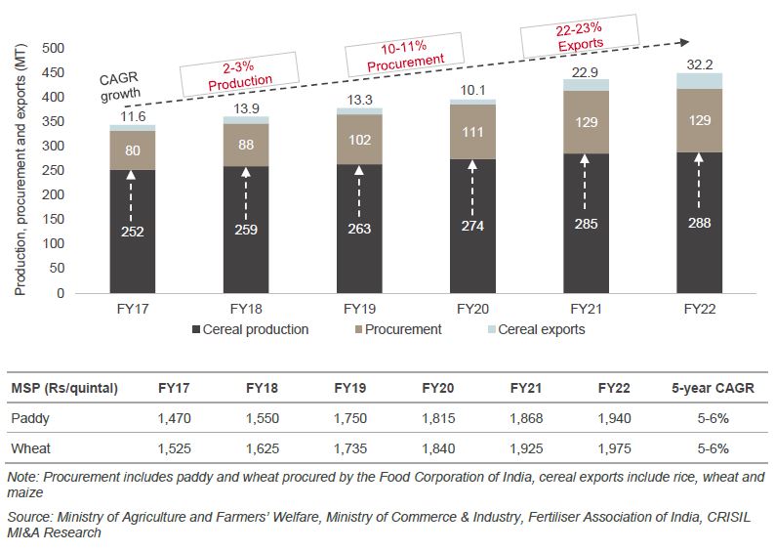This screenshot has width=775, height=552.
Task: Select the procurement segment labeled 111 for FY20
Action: coord(471,131)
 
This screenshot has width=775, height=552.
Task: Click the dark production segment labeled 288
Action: coord(698,222)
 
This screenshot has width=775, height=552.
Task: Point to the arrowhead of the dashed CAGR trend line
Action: coord(686,43)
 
